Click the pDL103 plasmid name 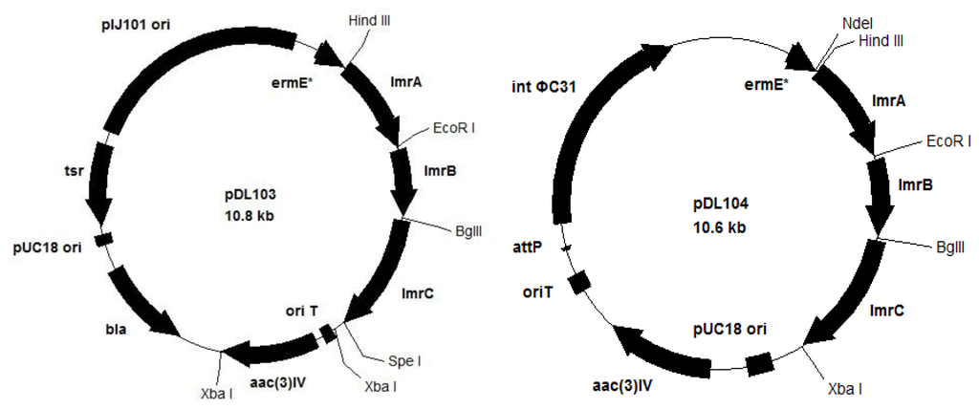[x=248, y=197]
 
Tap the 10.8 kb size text [x=248, y=216]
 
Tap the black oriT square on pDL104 [x=577, y=283]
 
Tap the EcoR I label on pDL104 [x=948, y=141]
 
